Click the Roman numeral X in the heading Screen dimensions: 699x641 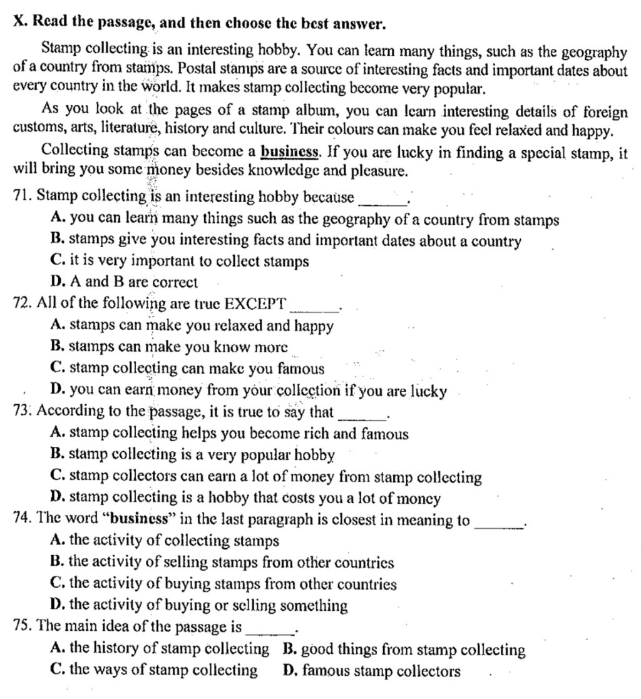[x=18, y=24]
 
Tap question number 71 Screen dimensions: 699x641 [x=23, y=196]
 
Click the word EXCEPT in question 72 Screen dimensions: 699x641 [x=255, y=304]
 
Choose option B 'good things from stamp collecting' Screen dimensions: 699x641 [x=404, y=650]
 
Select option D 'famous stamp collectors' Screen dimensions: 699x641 [x=372, y=671]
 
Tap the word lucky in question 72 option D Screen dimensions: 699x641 [x=428, y=392]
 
